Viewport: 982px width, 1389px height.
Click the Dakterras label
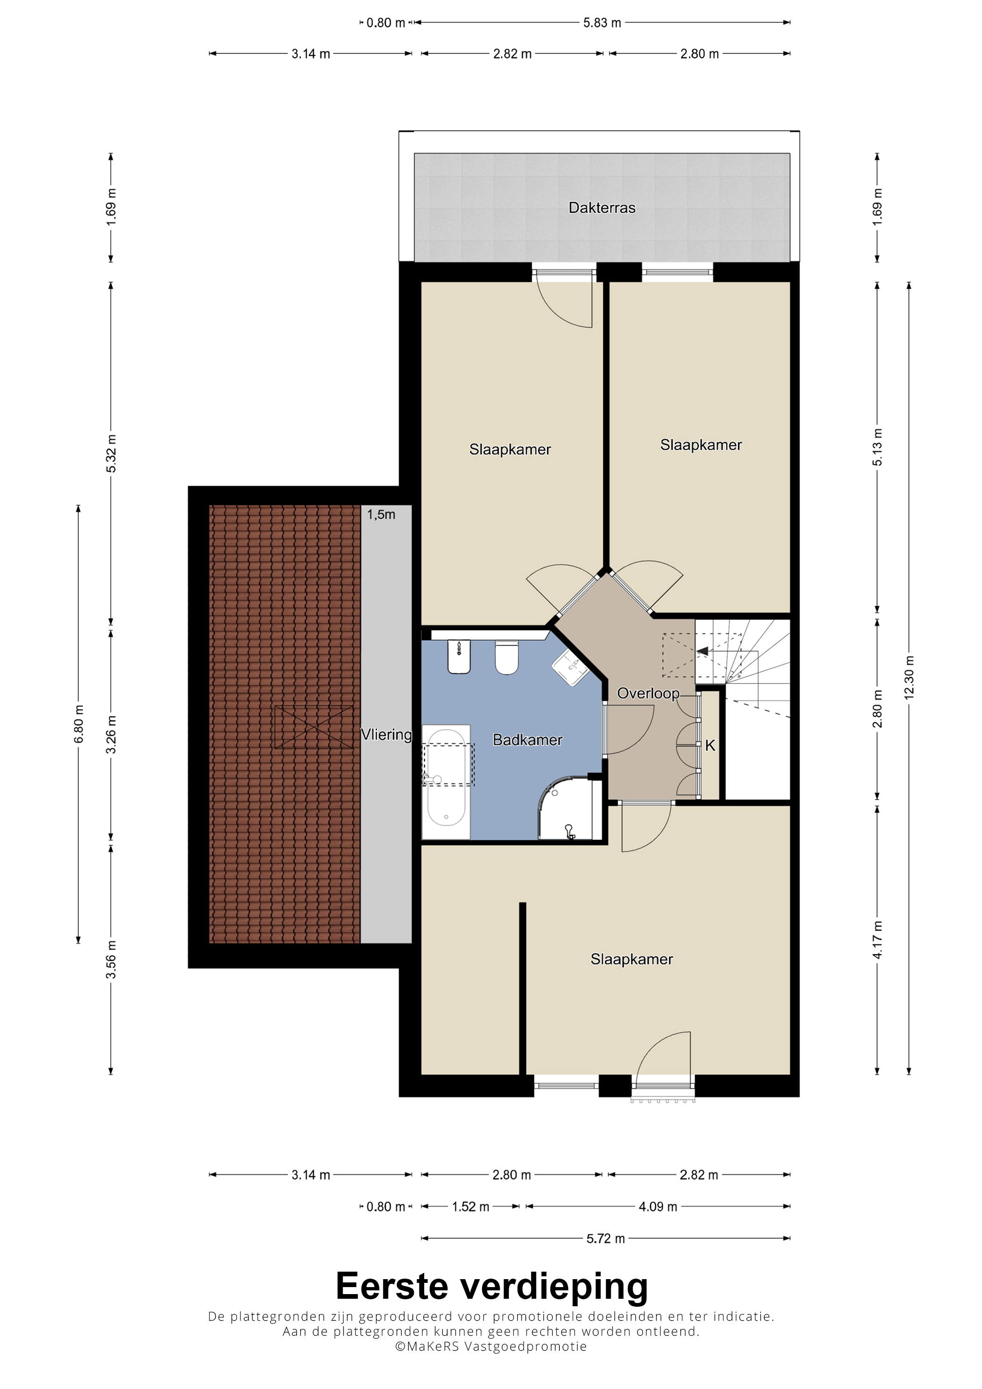coord(601,208)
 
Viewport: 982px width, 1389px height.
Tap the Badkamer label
coord(527,740)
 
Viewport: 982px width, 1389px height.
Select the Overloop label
coord(648,694)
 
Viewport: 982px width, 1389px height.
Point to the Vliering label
coord(386,735)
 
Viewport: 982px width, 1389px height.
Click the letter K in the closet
coord(710,746)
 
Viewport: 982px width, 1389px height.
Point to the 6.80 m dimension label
coord(79,724)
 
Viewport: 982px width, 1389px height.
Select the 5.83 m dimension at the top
coord(602,23)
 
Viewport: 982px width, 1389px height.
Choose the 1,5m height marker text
coord(381,515)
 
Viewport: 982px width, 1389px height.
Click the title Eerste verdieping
coord(491,1286)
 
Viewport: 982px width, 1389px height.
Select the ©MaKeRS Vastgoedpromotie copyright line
coord(491,1346)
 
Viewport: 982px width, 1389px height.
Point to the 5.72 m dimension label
coord(605,1238)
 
